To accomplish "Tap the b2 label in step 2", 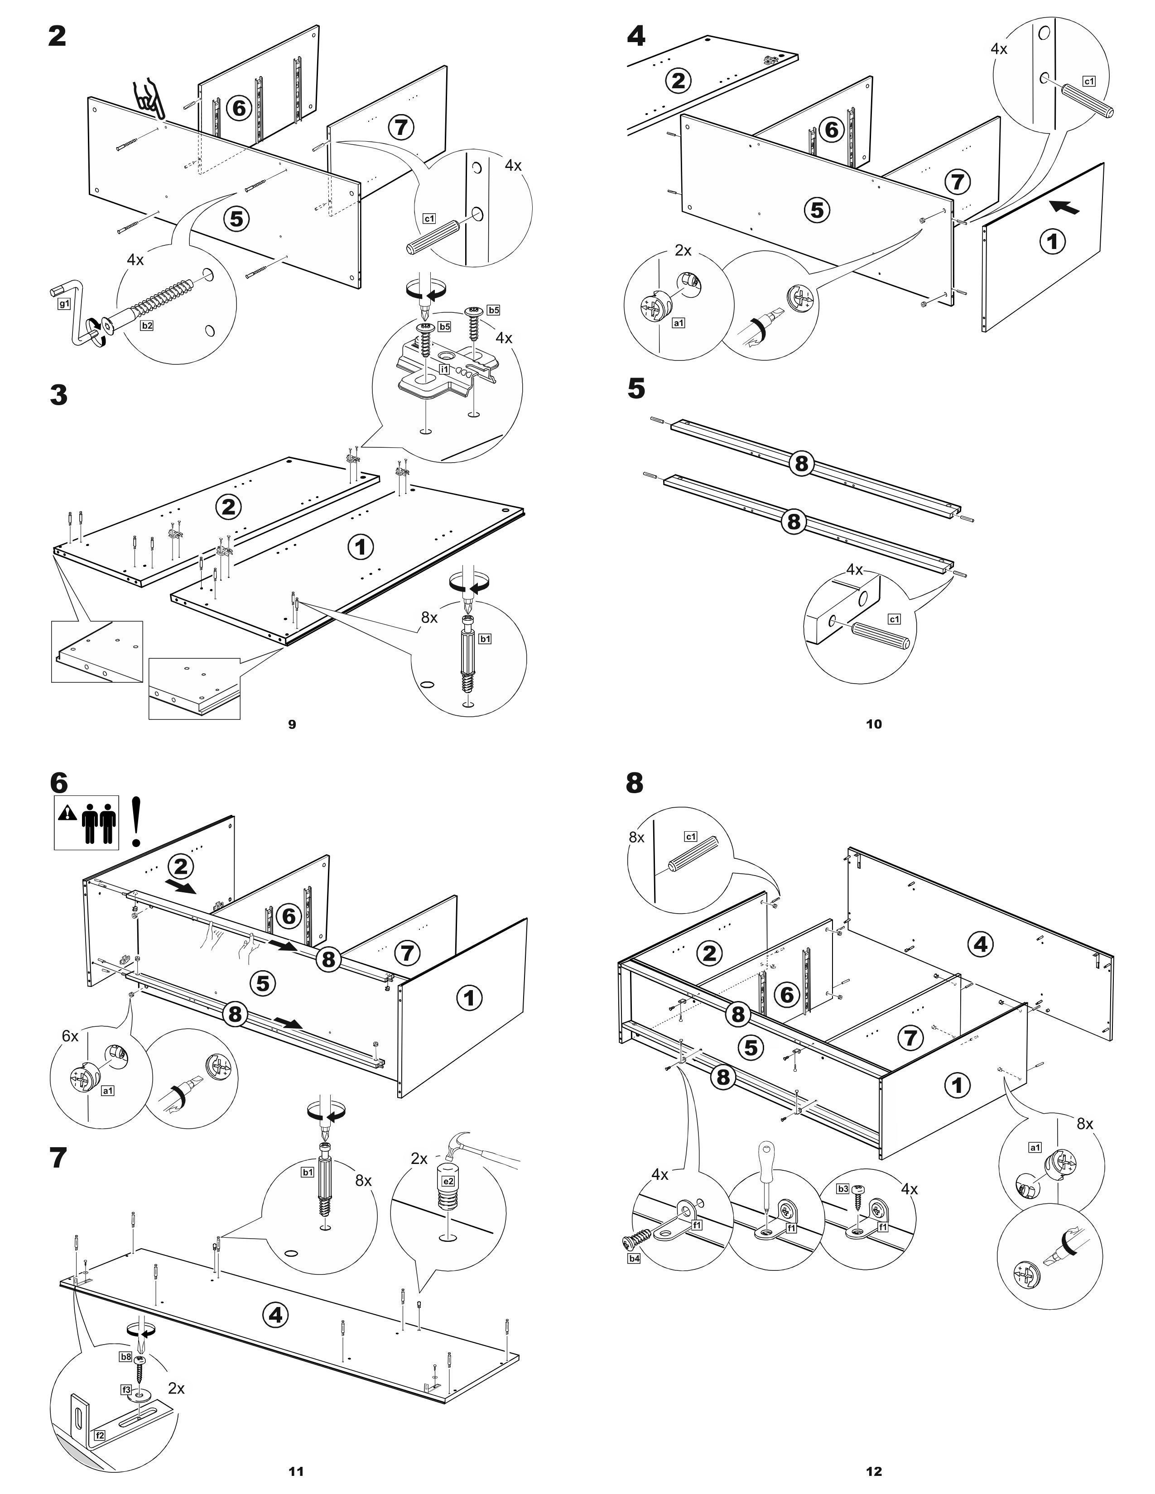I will (147, 326).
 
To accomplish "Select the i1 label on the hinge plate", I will (444, 369).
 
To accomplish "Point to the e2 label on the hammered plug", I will (448, 1181).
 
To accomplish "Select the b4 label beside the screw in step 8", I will (634, 1259).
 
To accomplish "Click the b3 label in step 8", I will (842, 1189).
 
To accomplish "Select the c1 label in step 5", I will (894, 619).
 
